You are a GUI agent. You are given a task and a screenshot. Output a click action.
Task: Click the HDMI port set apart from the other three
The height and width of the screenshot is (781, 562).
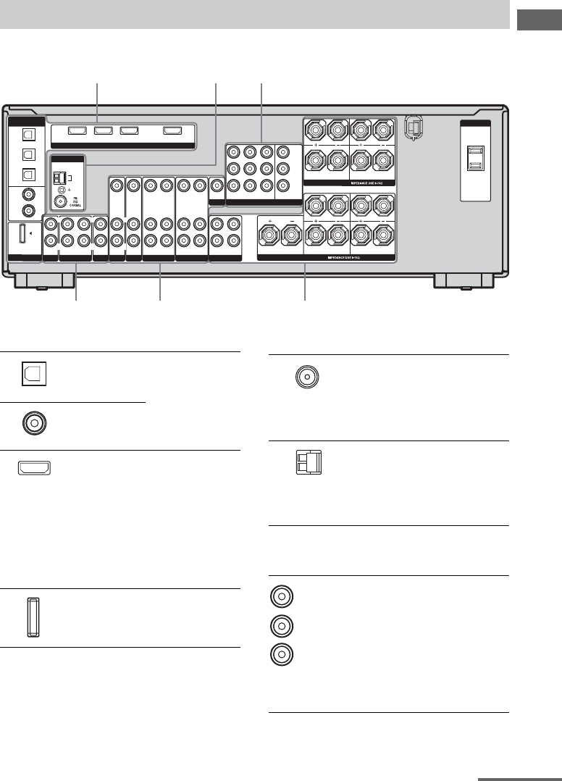point(172,131)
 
